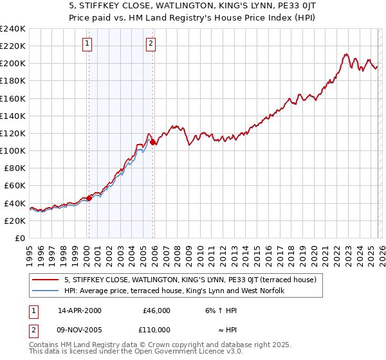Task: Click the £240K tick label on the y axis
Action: pos(13,29)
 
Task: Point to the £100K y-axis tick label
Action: pos(13,150)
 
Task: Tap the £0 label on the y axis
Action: pos(20,238)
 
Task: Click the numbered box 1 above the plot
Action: pos(87,44)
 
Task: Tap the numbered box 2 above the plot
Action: pos(151,44)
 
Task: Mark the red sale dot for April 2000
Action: pos(89,198)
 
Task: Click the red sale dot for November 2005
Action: pos(152,142)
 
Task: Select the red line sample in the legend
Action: pos(46,280)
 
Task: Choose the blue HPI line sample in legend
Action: pos(46,291)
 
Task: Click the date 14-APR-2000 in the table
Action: pos(80,310)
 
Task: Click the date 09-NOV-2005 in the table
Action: pos(80,329)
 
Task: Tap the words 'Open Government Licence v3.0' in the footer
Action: pos(191,352)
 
